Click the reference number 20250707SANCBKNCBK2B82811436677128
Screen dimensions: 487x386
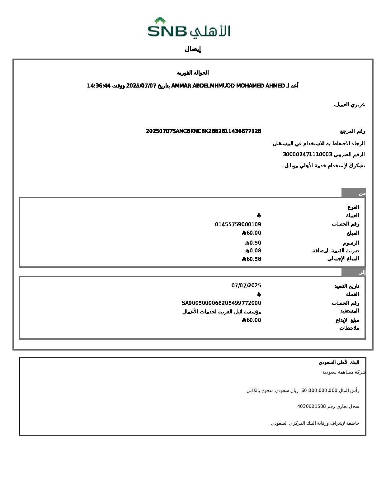203,131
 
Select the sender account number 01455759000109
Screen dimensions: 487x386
238,224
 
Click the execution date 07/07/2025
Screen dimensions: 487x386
246,285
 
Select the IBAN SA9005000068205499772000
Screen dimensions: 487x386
221,303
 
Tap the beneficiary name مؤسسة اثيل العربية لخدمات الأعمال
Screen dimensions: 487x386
222,312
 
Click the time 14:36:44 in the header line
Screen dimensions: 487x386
99,86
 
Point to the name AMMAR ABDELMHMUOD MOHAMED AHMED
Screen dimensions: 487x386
228,86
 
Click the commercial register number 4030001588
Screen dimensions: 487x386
311,406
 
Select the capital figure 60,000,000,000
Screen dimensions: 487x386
319,390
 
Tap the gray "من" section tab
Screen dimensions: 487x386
353,193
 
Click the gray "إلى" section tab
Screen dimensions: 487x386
353,272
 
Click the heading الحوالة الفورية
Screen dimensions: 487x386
193,73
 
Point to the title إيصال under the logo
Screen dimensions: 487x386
193,49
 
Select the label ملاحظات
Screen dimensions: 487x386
349,328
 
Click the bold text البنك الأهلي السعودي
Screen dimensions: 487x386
339,362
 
